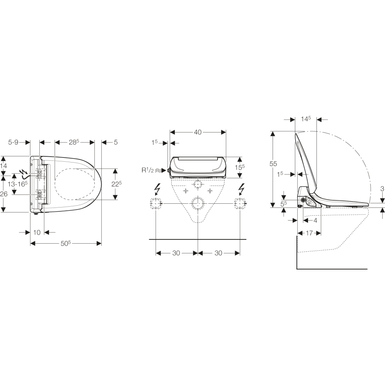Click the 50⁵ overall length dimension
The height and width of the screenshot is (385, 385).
click(66, 243)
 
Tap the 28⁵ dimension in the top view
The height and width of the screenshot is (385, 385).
click(74, 142)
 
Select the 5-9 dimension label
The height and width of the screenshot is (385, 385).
click(13, 142)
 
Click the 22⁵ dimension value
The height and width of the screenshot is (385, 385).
click(117, 184)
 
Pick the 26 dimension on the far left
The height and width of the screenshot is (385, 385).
click(4, 194)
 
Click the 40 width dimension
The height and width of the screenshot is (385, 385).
click(198, 132)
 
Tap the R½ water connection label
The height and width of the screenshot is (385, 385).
click(147, 170)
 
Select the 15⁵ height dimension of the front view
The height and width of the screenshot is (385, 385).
click(239, 168)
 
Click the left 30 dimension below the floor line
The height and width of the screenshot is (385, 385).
click(176, 253)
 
